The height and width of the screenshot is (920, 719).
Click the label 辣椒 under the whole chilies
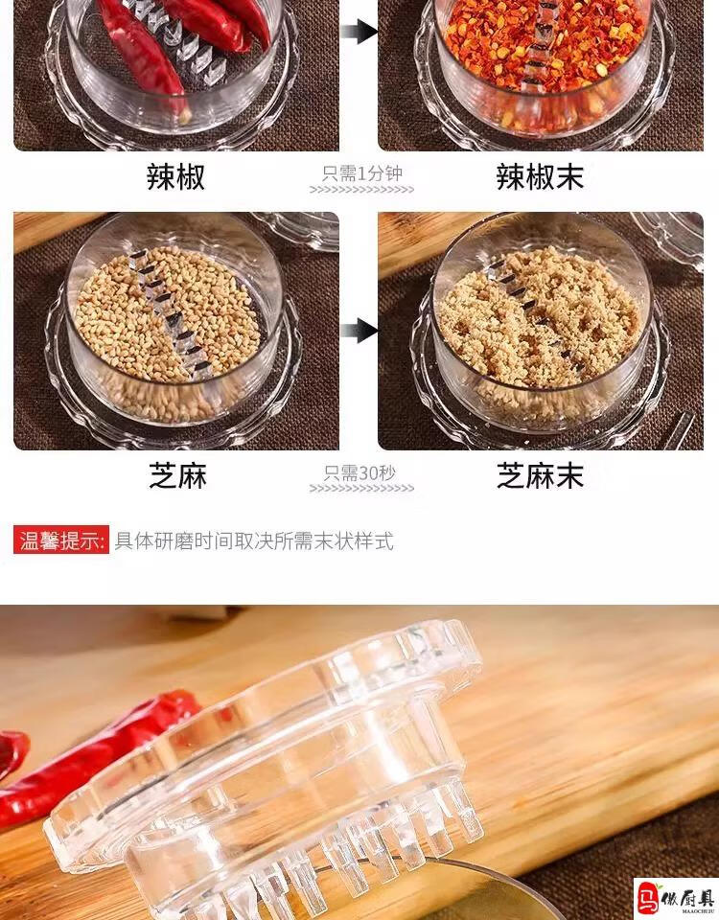click(x=175, y=176)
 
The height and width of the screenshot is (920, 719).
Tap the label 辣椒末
click(x=540, y=176)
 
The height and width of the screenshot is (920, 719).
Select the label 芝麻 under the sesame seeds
click(x=177, y=475)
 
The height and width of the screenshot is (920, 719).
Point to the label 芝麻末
click(x=540, y=475)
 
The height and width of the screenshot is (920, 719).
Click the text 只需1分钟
click(x=362, y=173)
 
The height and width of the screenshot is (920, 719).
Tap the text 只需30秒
click(x=359, y=472)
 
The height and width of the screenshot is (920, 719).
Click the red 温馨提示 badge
click(x=61, y=540)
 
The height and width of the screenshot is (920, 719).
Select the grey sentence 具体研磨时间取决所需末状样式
click(x=253, y=540)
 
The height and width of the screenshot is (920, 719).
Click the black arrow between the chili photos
click(x=359, y=31)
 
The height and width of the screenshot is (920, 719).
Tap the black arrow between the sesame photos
click(x=359, y=331)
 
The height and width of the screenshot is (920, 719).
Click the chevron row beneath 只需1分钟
click(x=361, y=190)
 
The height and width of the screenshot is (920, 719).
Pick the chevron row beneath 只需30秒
click(x=361, y=488)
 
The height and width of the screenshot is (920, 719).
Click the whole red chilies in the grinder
click(x=176, y=41)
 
